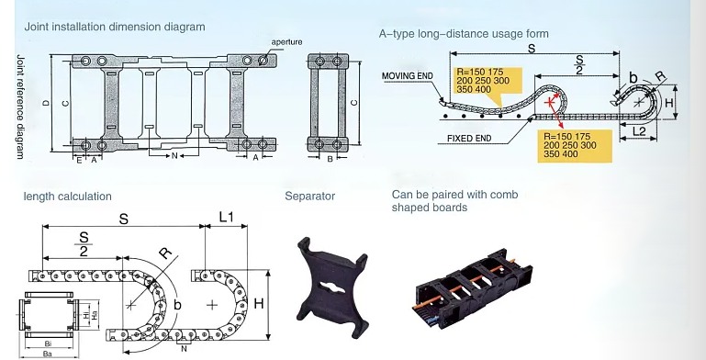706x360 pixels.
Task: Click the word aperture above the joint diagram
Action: click(286, 42)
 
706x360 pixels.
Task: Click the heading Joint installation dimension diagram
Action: click(115, 27)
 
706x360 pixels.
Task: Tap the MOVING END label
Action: click(407, 75)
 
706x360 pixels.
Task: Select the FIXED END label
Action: click(469, 139)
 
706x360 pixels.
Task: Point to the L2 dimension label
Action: click(639, 131)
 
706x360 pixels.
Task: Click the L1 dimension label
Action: click(227, 217)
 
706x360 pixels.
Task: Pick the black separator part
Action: click(332, 287)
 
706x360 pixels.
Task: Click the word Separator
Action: click(309, 197)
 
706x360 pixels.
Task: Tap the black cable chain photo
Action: click(472, 287)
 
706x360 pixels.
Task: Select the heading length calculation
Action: click(68, 197)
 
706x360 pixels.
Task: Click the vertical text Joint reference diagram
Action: click(20, 107)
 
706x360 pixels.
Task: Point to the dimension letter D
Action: click(46, 103)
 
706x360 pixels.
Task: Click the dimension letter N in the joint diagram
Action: click(174, 156)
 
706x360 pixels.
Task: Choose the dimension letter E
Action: click(79, 160)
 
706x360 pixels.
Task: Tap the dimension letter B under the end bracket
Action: click(330, 159)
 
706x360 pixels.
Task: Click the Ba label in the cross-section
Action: click(47, 354)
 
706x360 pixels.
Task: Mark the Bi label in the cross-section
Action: click(48, 343)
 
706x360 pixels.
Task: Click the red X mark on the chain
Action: click(549, 102)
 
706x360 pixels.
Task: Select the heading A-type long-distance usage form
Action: click(464, 34)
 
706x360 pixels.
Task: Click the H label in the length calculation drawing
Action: click(259, 304)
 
